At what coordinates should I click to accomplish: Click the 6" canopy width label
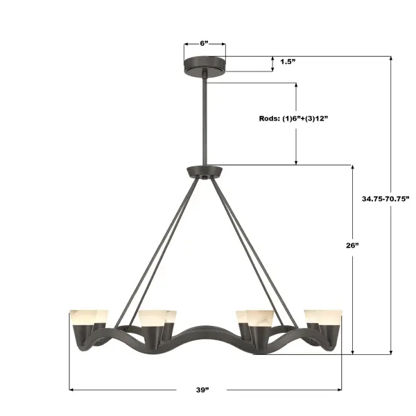[x=205, y=43]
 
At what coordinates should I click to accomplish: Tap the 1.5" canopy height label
[x=288, y=62]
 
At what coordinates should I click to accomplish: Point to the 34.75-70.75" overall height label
[x=385, y=198]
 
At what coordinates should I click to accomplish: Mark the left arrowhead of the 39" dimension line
[x=71, y=390]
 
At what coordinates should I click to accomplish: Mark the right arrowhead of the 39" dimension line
[x=340, y=390]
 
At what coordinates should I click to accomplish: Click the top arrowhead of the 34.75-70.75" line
[x=391, y=58]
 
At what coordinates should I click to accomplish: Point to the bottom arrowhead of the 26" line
[x=353, y=352]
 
